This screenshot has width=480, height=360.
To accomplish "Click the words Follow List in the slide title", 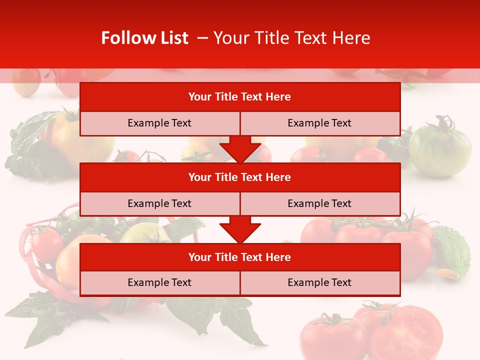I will tap(144, 38).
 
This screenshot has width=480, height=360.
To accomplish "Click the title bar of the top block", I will tap(239, 97).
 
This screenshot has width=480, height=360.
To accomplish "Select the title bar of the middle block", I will tap(239, 177).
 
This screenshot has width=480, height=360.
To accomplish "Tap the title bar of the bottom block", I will tap(239, 257).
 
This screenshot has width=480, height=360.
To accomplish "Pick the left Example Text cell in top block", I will tap(159, 123).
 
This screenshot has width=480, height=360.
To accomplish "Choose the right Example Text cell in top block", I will tap(319, 123).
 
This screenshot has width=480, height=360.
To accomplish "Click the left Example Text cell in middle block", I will tap(159, 203).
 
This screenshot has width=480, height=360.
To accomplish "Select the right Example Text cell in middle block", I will tap(319, 203).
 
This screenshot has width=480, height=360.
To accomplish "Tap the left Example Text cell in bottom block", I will tap(159, 283).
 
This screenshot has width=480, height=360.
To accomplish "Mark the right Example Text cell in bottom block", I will tap(319, 283).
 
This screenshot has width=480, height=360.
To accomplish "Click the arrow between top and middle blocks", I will tap(240, 149).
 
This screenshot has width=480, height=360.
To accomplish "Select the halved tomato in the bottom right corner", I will tap(407, 332).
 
